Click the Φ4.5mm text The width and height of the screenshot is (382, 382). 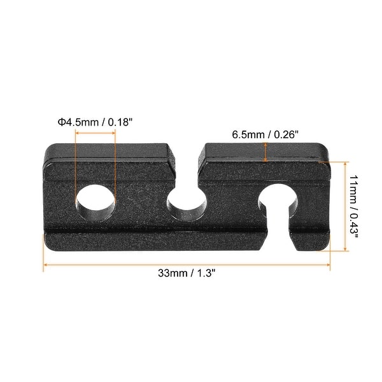coord(71,122)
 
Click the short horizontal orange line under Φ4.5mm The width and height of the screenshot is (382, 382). coord(95,132)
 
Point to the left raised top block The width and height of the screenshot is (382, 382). coord(108,154)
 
